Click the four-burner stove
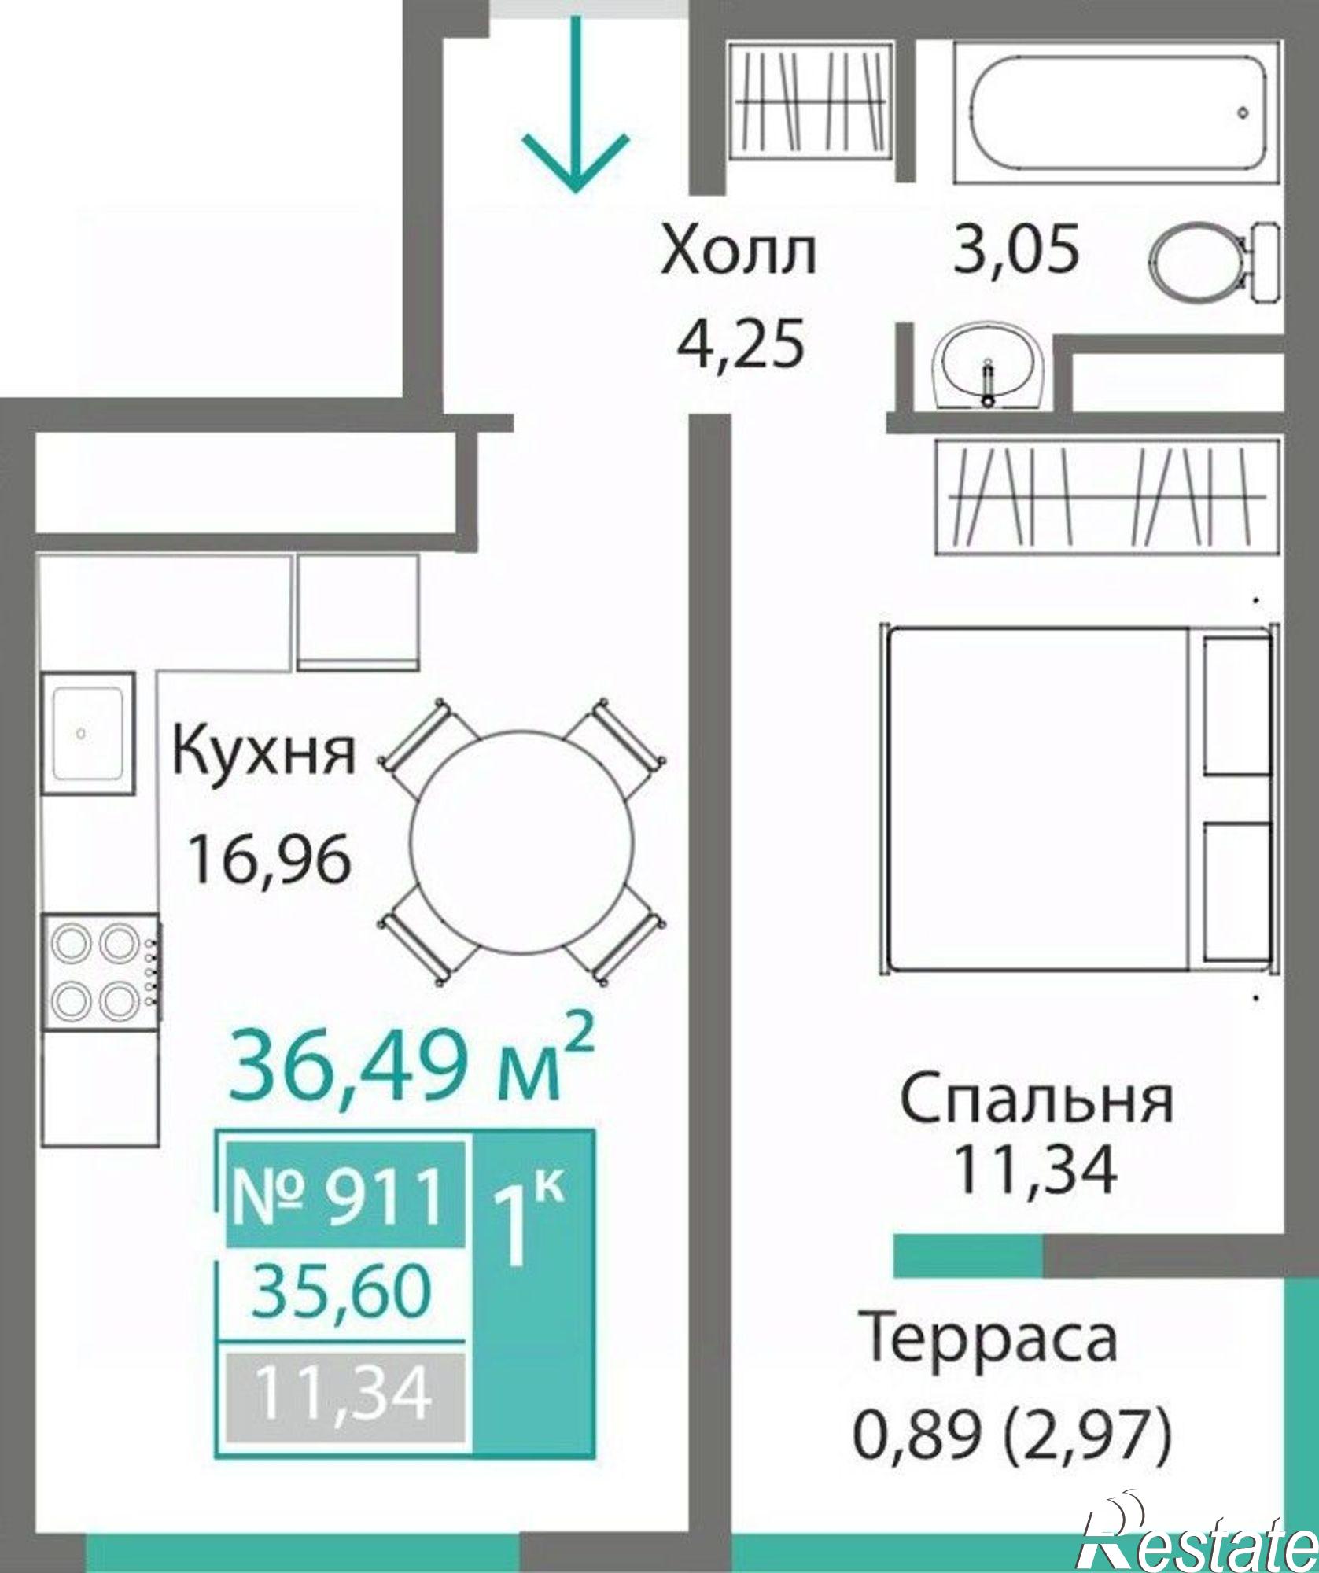pos(101,971)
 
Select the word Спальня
pos(1036,1101)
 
